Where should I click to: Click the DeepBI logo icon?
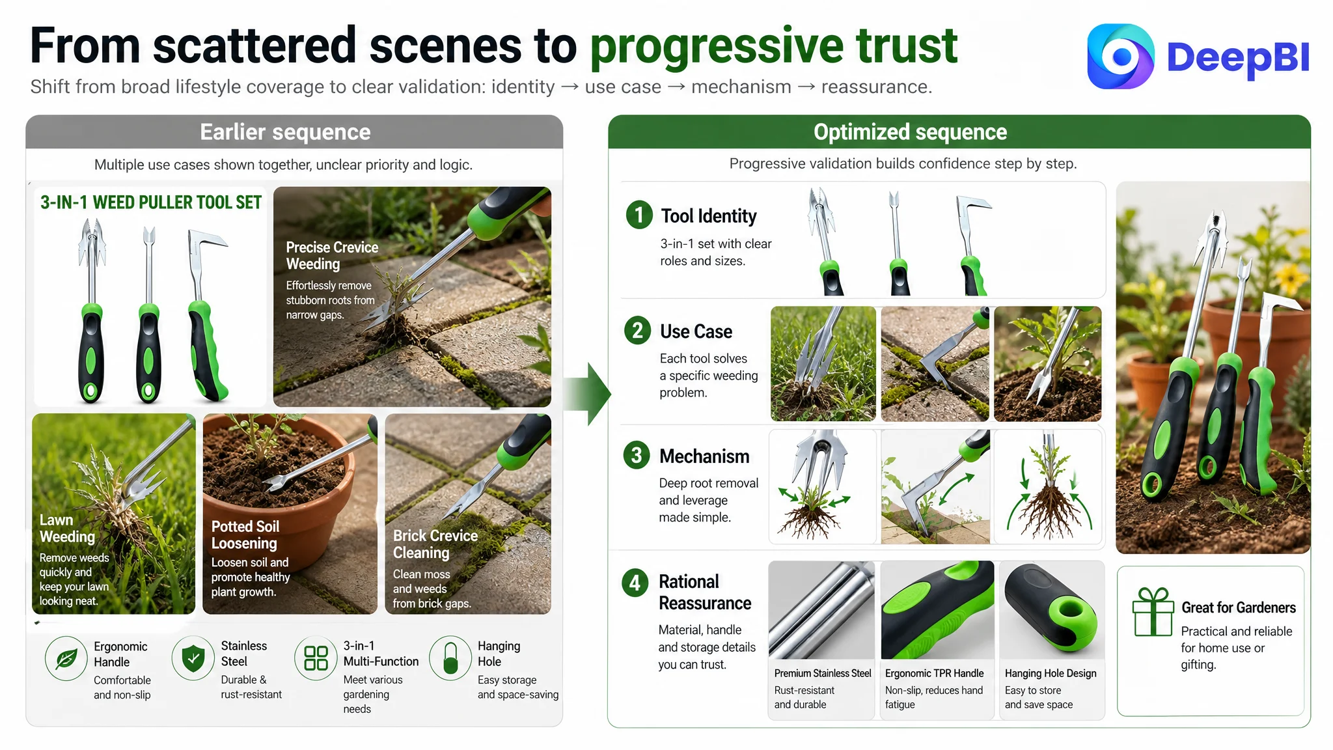pyautogui.click(x=1120, y=57)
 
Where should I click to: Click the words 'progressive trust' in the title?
pyautogui.click(x=773, y=47)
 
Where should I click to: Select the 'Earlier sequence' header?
pyautogui.click(x=285, y=132)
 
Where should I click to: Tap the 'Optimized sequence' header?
pyautogui.click(x=910, y=132)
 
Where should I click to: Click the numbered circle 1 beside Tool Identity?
pyautogui.click(x=639, y=215)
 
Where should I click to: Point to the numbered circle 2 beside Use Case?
pyautogui.click(x=637, y=330)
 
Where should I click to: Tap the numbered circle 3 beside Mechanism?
pyautogui.click(x=636, y=455)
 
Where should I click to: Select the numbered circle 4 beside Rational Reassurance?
pyautogui.click(x=635, y=582)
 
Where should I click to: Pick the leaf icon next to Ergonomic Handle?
pyautogui.click(x=66, y=659)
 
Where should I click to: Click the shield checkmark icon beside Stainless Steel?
pyautogui.click(x=193, y=658)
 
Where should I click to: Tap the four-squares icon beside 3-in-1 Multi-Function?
pyautogui.click(x=316, y=658)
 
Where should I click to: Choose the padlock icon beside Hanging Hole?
pyautogui.click(x=450, y=658)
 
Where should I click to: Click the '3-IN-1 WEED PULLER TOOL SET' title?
pyautogui.click(x=151, y=202)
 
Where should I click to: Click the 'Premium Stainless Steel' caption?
pyautogui.click(x=823, y=673)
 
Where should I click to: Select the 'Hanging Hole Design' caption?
pyautogui.click(x=1051, y=673)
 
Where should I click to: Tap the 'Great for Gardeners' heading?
pyautogui.click(x=1239, y=607)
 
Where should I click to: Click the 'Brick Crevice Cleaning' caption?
pyautogui.click(x=435, y=544)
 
